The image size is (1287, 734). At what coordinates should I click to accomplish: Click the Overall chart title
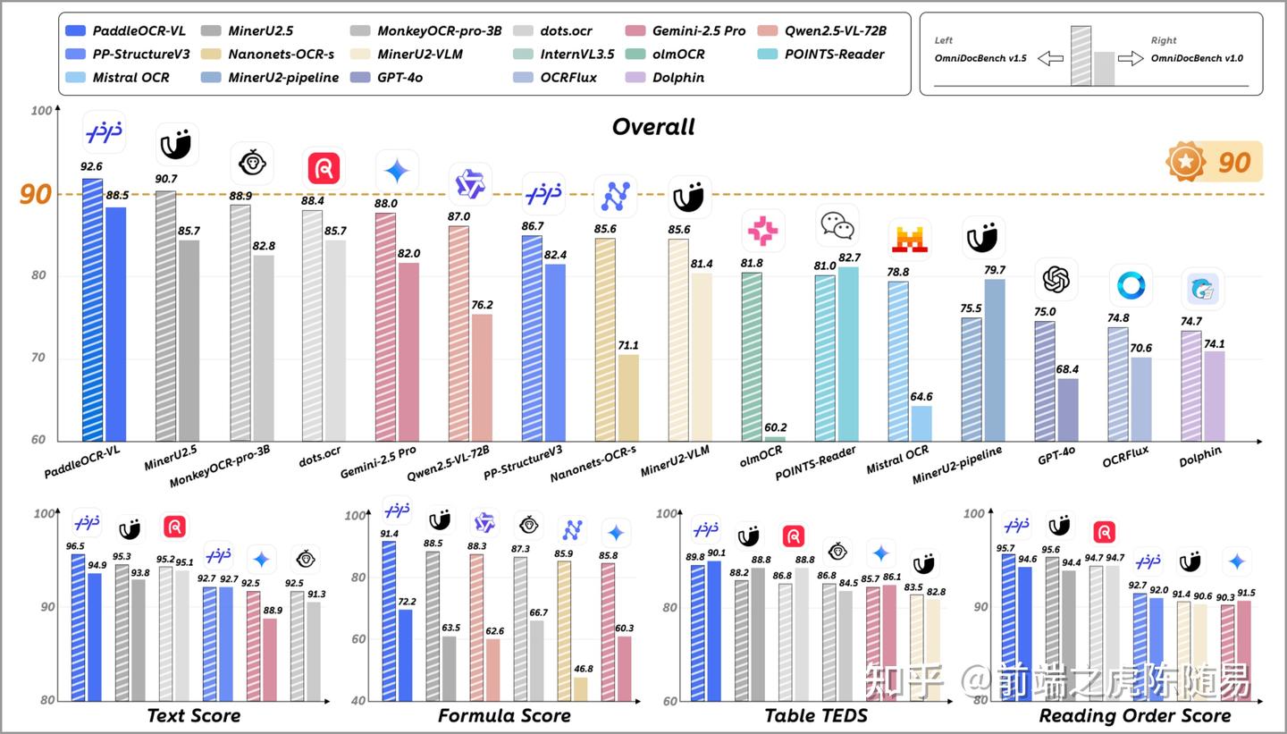(653, 127)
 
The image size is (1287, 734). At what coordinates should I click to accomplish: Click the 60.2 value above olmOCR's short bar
(774, 427)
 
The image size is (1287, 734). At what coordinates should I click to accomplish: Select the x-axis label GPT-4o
(1056, 453)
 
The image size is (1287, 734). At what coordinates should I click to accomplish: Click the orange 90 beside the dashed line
(36, 195)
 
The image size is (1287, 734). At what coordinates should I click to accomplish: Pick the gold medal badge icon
(1185, 162)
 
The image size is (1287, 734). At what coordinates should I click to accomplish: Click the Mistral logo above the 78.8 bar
(909, 240)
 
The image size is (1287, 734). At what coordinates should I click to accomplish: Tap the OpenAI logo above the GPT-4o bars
(1056, 280)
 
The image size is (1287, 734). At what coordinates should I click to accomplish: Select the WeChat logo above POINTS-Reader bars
(837, 225)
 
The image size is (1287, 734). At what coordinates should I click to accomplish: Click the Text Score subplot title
(193, 716)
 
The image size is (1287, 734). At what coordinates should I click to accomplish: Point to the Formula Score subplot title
(504, 716)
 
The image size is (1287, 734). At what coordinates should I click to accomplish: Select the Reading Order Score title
(1134, 716)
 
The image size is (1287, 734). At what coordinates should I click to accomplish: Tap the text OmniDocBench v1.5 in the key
(980, 58)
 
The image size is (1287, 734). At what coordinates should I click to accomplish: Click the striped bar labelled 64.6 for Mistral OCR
(921, 423)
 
